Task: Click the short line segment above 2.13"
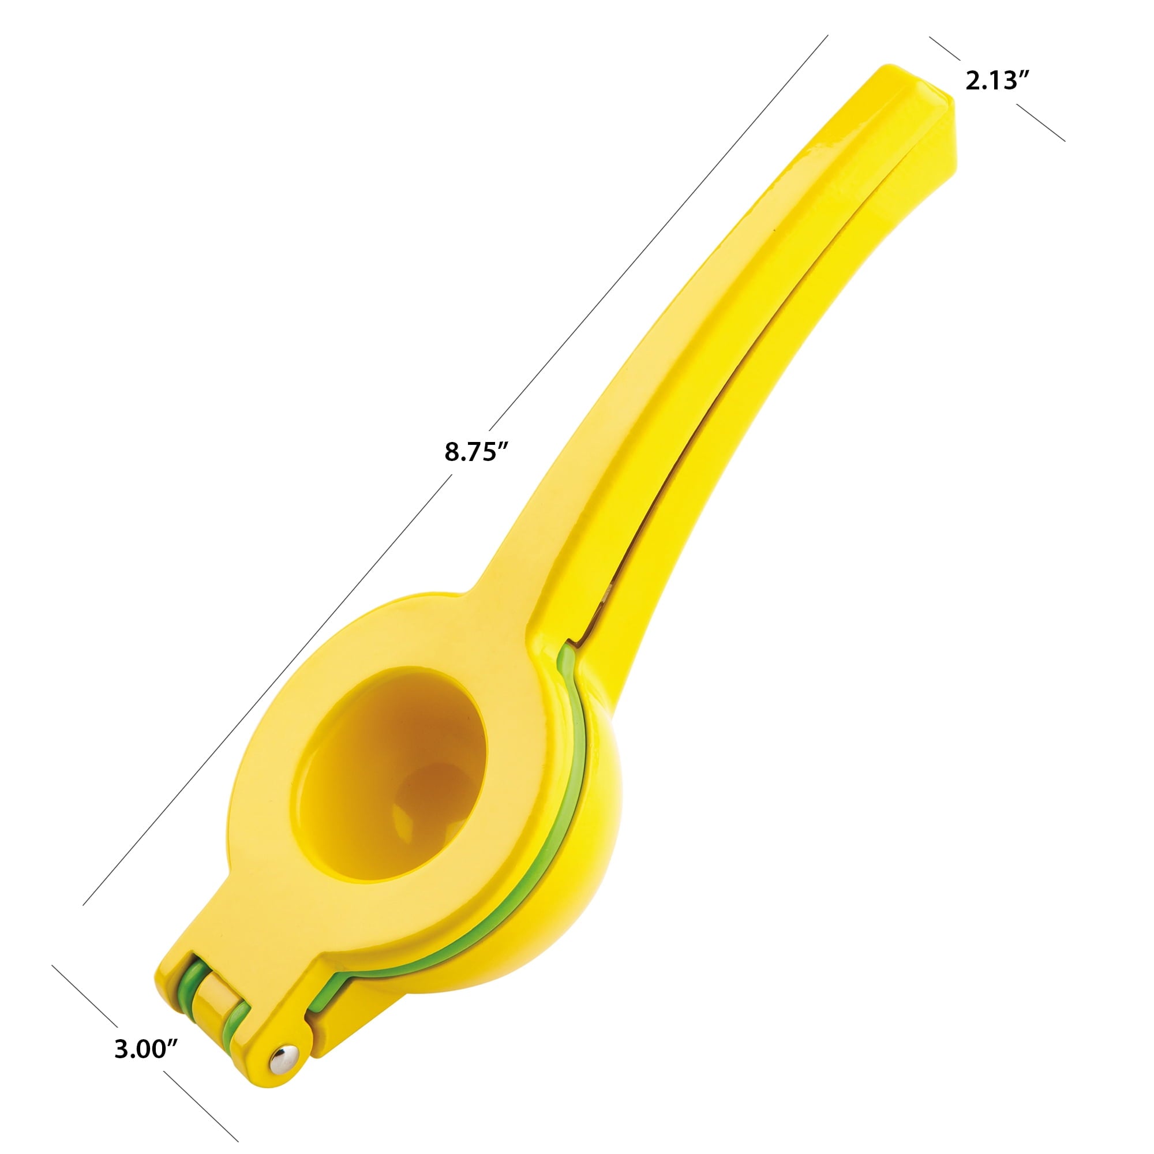[x=945, y=48]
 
